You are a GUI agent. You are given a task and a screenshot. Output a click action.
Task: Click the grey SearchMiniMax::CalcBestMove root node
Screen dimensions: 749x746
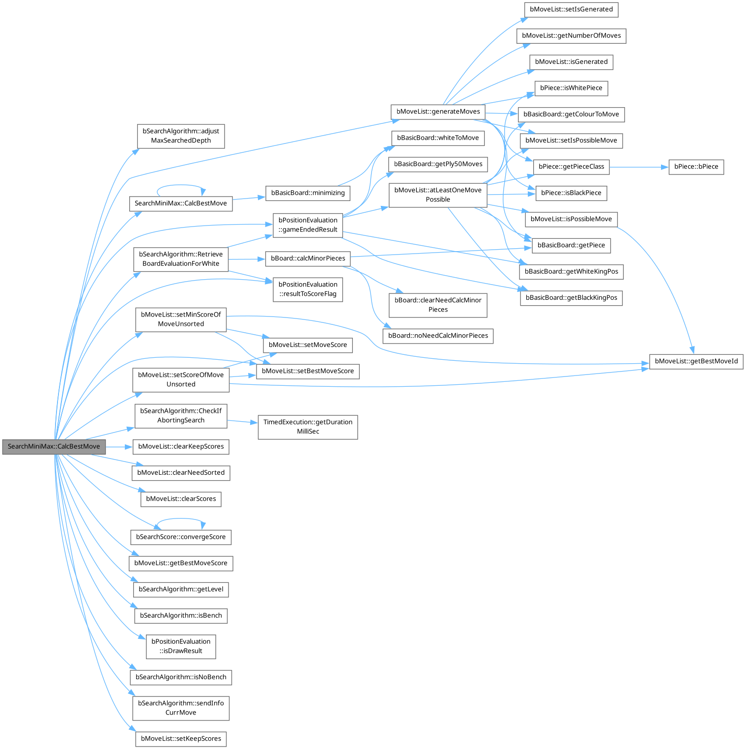click(54, 446)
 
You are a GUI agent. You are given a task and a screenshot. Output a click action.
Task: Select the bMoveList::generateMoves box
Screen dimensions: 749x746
click(438, 112)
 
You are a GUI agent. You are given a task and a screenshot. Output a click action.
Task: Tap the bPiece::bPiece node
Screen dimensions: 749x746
click(696, 167)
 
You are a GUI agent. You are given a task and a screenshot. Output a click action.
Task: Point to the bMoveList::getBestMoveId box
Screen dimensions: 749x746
click(696, 361)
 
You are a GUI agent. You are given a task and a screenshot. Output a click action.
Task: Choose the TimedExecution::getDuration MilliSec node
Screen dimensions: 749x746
click(308, 427)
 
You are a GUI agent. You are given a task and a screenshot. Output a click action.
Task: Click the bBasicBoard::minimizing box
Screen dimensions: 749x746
click(308, 193)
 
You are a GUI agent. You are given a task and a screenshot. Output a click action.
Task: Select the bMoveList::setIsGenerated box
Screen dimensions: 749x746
click(571, 9)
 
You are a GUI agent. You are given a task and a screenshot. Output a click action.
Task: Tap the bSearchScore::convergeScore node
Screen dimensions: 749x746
click(180, 537)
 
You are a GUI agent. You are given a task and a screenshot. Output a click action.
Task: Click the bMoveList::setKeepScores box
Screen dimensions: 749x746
click(181, 739)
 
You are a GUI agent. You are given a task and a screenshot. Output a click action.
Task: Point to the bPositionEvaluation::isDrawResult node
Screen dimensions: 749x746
click(181, 646)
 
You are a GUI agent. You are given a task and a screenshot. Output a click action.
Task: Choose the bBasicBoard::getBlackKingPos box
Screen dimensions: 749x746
click(571, 298)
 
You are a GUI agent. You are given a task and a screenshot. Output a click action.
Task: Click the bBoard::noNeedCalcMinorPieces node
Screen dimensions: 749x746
click(438, 336)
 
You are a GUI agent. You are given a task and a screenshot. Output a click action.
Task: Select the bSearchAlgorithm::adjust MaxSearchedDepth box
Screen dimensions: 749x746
click(181, 136)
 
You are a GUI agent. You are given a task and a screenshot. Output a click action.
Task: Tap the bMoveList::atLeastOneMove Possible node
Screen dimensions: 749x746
click(438, 195)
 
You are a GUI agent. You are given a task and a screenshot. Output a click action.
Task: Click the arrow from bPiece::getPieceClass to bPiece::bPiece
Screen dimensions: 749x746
click(639, 167)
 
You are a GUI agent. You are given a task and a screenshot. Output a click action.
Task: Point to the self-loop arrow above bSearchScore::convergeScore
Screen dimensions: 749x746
click(180, 519)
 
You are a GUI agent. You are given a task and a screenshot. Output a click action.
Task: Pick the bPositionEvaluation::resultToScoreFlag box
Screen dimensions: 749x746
click(308, 289)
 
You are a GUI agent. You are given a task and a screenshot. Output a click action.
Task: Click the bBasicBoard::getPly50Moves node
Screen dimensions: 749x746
click(438, 164)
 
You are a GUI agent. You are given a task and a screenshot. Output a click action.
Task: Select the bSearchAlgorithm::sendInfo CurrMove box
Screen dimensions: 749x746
click(181, 708)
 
